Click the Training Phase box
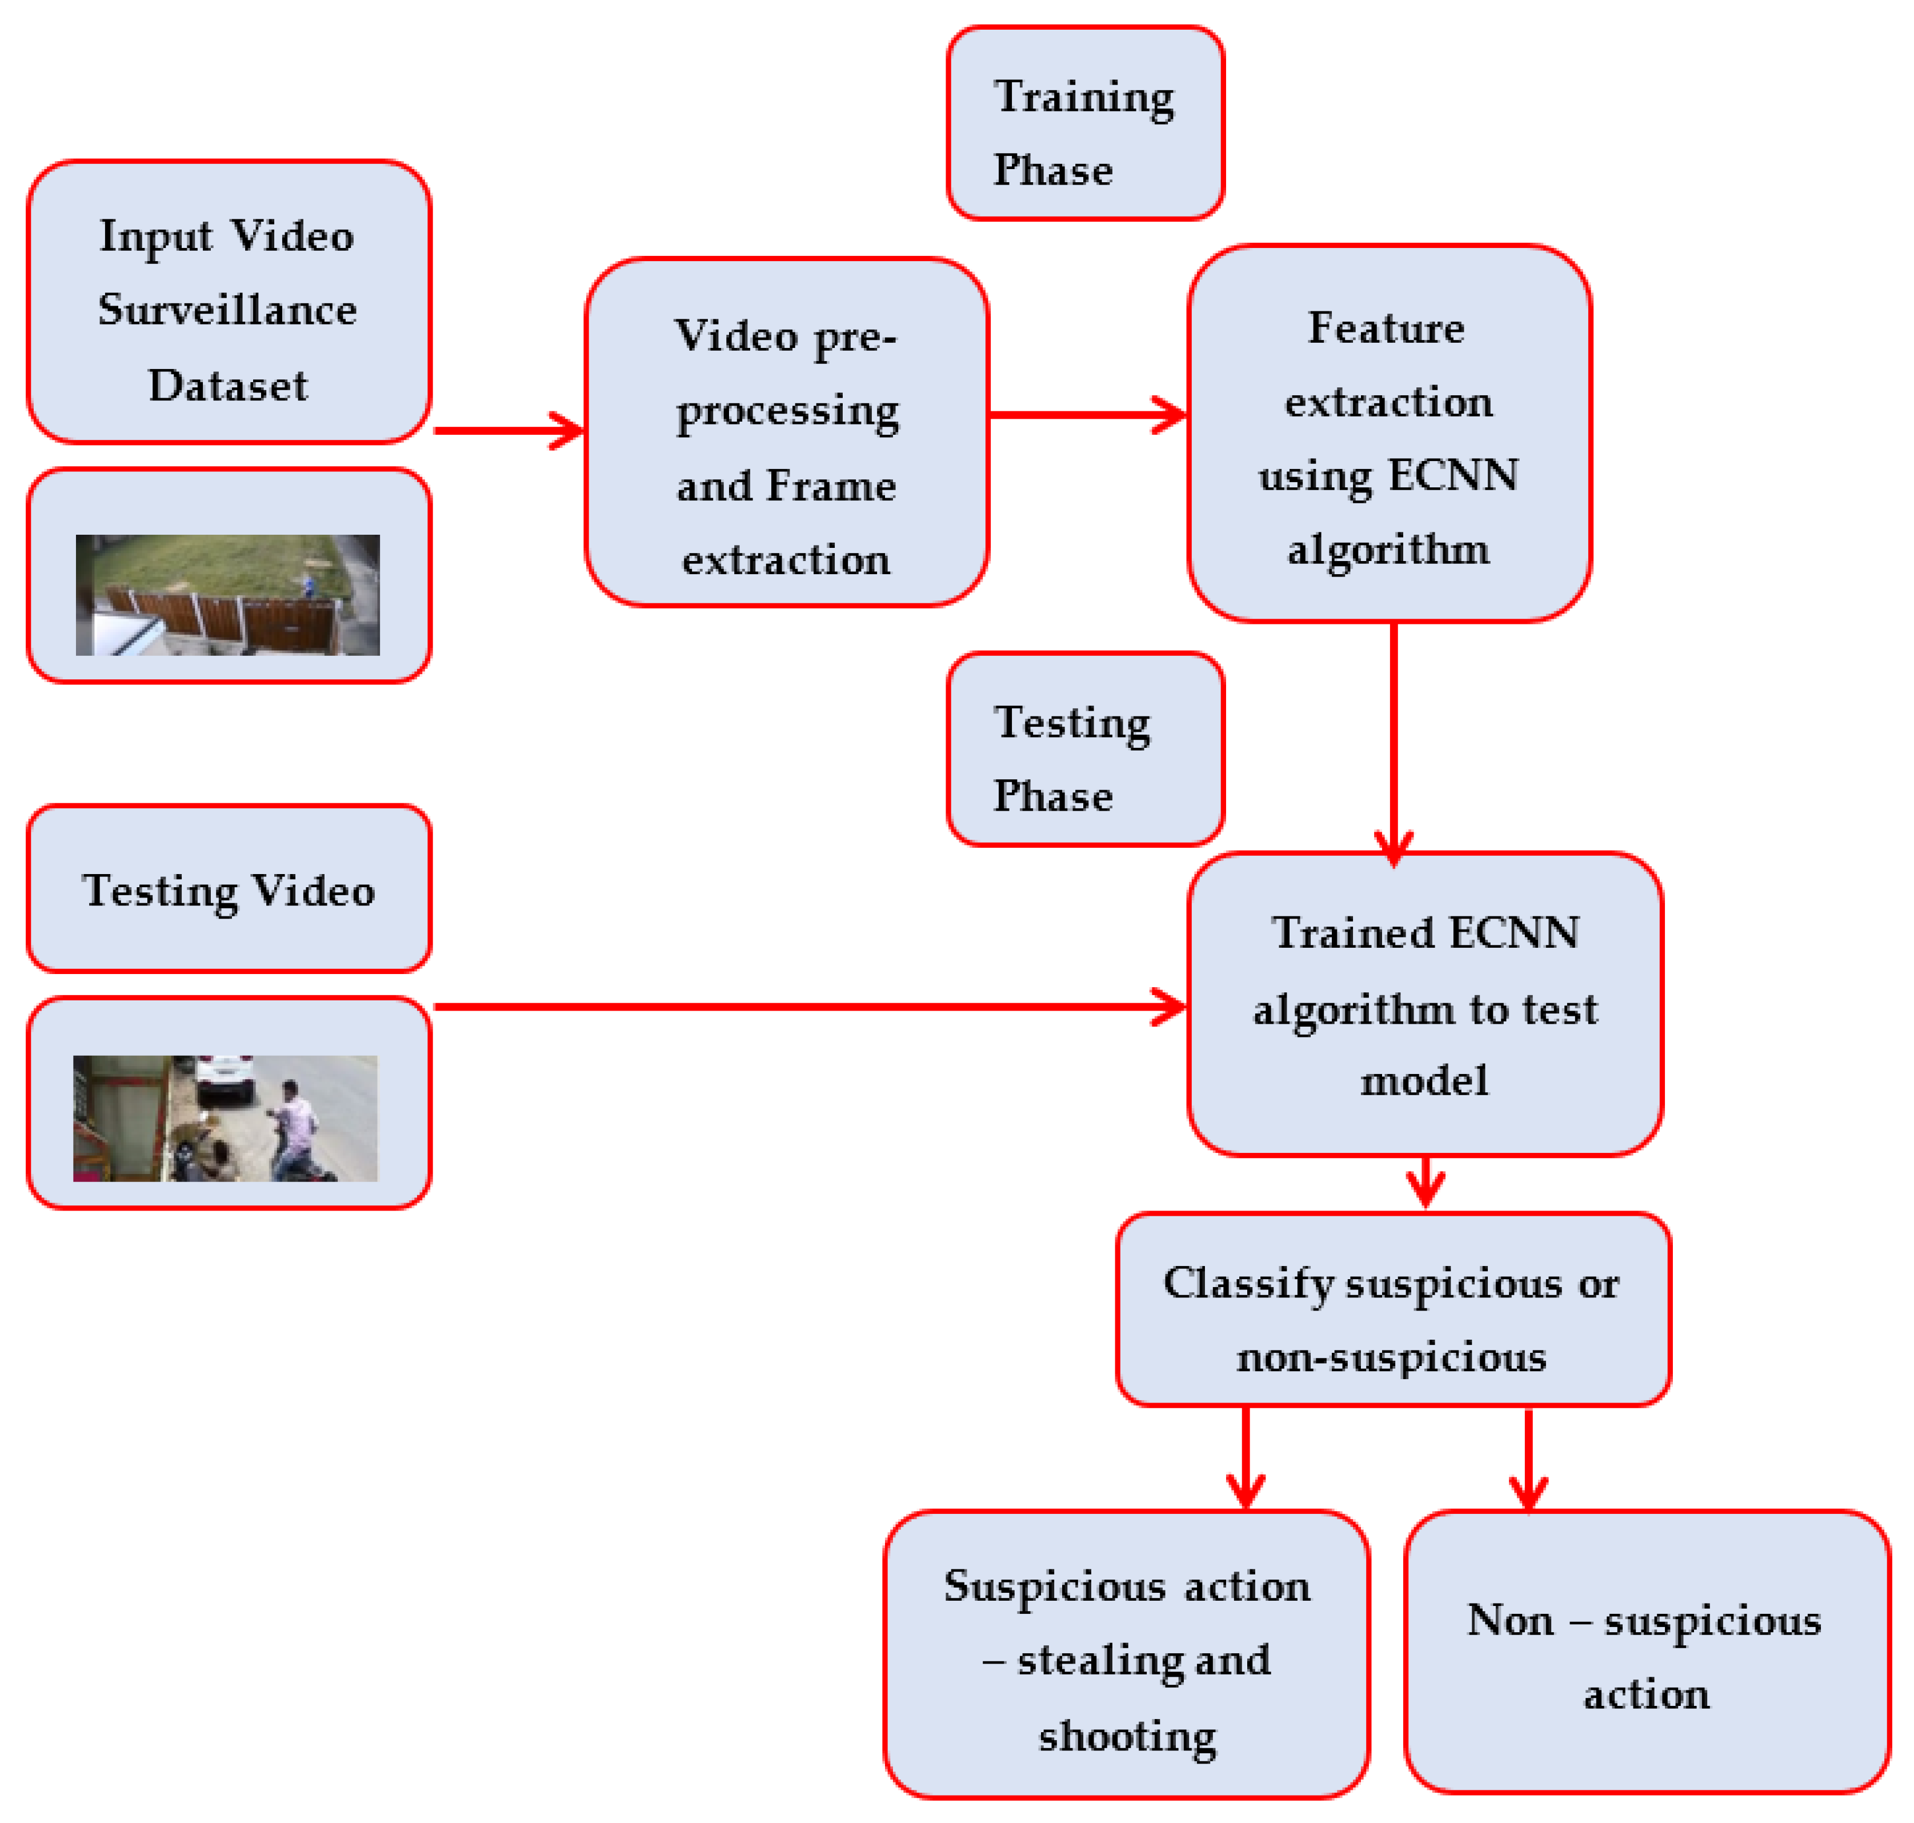tap(1084, 123)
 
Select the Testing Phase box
tap(1084, 749)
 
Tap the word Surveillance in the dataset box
tap(227, 310)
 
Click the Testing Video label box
tap(229, 889)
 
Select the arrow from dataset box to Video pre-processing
tap(507, 431)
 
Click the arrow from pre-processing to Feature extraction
tap(1086, 415)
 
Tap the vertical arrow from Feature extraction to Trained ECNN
tap(1394, 739)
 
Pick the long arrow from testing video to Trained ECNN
tap(806, 1007)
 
